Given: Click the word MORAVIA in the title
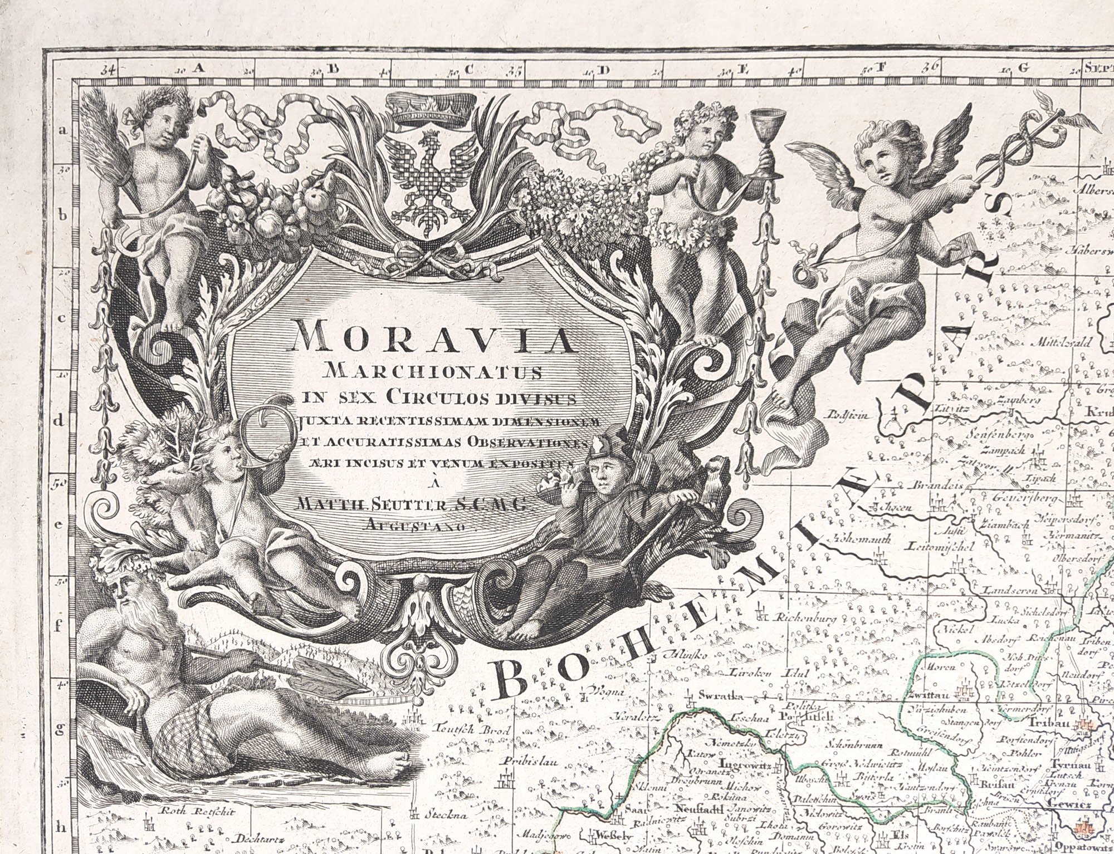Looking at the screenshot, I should pos(432,337).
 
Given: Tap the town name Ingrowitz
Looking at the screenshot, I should pos(744,763).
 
